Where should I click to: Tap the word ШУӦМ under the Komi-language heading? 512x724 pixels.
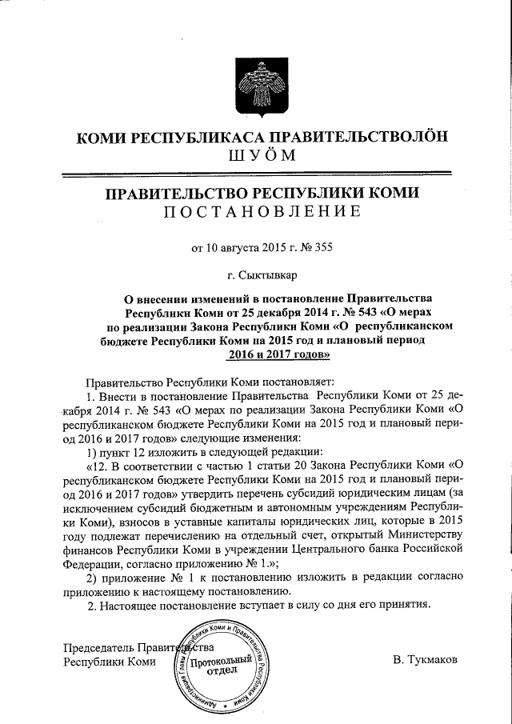pyautogui.click(x=256, y=154)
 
